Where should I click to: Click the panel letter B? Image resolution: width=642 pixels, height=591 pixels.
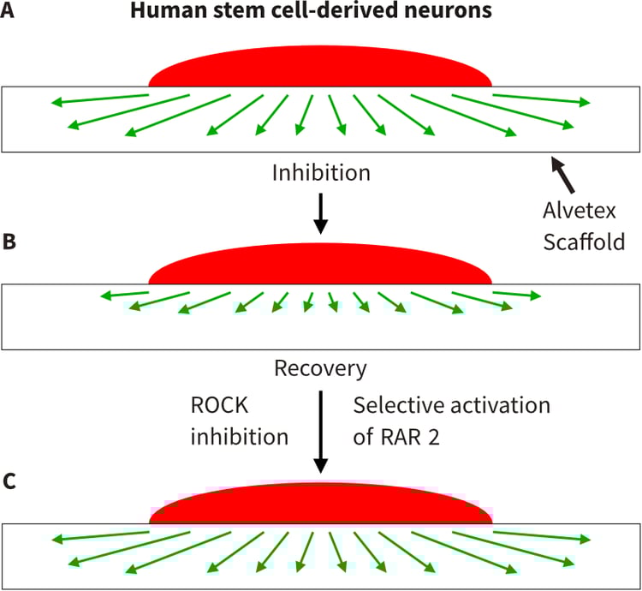(x=9, y=242)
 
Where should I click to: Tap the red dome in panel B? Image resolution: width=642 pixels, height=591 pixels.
(x=321, y=267)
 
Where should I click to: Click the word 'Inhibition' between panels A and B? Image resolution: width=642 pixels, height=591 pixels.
(x=321, y=173)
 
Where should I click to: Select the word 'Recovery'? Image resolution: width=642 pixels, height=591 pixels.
(x=320, y=369)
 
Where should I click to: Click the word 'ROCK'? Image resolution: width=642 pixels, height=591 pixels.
(x=221, y=404)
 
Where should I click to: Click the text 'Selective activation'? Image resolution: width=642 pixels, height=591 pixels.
(x=451, y=404)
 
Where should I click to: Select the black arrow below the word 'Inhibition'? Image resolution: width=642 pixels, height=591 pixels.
(x=321, y=213)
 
